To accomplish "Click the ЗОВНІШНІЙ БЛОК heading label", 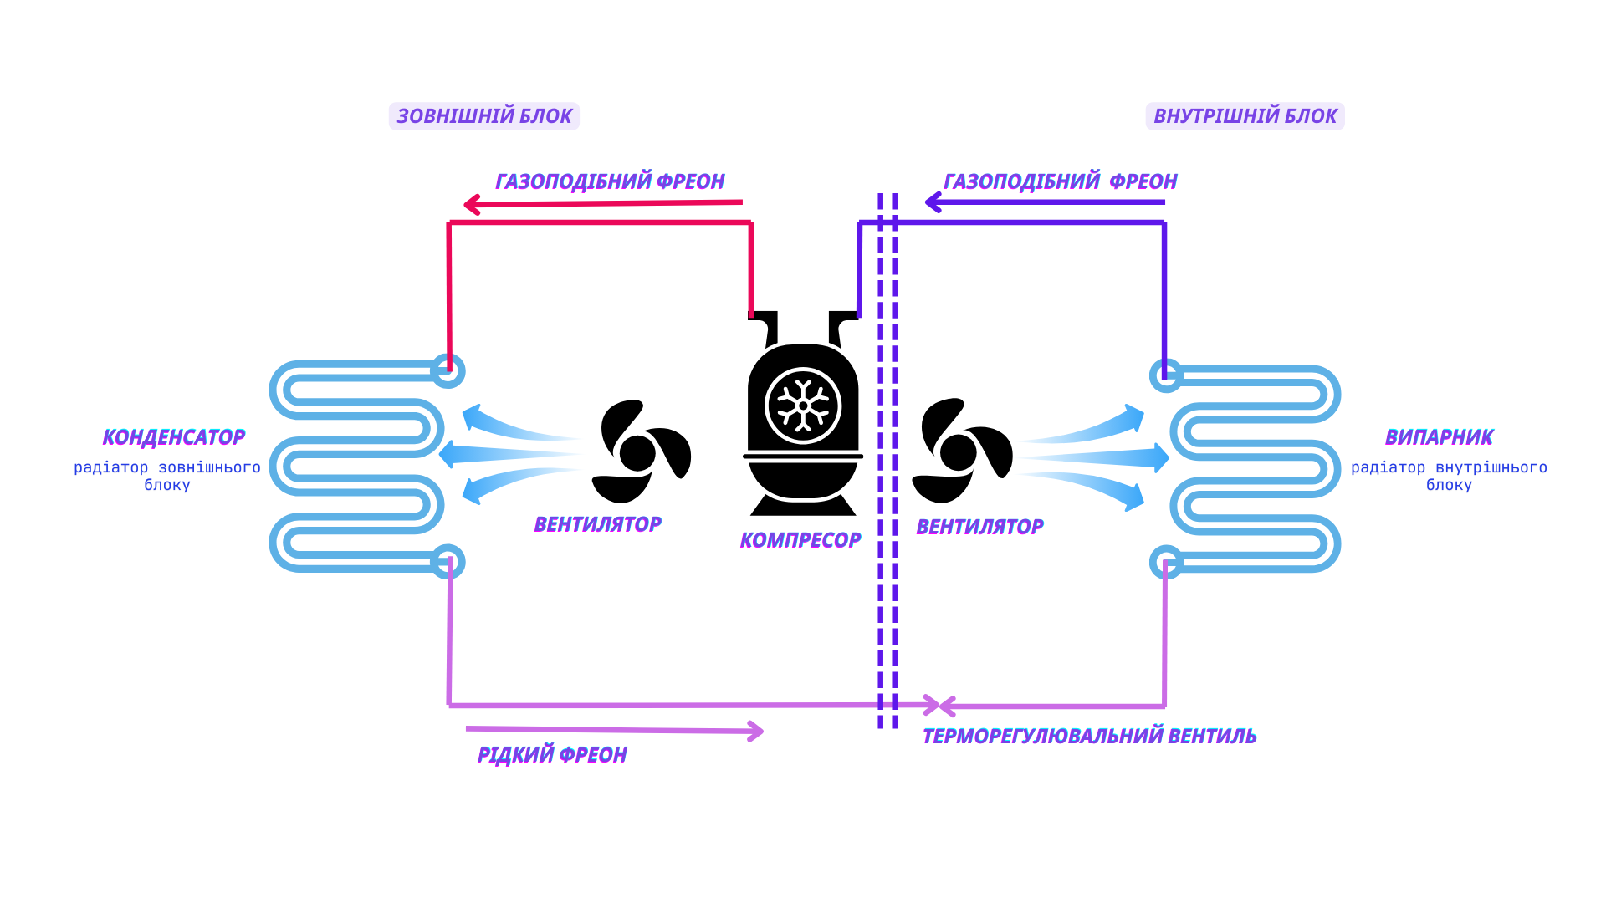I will [x=484, y=116].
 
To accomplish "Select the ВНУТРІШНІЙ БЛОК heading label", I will [x=1245, y=116].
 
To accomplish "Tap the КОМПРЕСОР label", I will [x=800, y=540].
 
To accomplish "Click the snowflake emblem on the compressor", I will [x=803, y=406].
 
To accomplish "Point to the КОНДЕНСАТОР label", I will [x=174, y=437].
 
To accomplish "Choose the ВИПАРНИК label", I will [x=1439, y=437].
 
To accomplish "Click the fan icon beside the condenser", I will [x=640, y=451].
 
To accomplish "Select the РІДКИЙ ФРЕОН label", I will [x=552, y=755].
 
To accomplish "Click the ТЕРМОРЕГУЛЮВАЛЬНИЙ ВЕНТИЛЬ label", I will [x=1089, y=737].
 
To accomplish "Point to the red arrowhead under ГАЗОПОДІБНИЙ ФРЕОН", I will [x=472, y=204].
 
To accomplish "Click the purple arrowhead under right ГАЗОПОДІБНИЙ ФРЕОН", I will [x=933, y=202].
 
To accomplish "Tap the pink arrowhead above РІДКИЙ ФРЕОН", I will [x=755, y=732].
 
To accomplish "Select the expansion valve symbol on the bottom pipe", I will [x=939, y=706].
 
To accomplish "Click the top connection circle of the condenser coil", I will [x=448, y=371].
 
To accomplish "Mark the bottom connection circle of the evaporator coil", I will [x=1166, y=562].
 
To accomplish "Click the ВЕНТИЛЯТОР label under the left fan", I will [x=597, y=524].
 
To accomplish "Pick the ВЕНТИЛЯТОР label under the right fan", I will [x=979, y=527].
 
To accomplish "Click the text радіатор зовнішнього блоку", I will [x=167, y=476].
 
